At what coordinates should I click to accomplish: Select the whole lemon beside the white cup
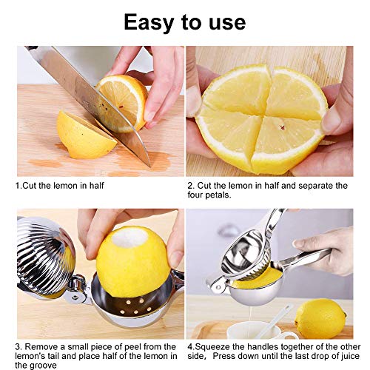[x=320, y=318]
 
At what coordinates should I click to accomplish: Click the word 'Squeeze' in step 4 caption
[x=212, y=347]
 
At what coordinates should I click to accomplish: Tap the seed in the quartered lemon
[x=282, y=127]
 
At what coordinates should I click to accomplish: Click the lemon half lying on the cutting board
[x=85, y=135]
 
